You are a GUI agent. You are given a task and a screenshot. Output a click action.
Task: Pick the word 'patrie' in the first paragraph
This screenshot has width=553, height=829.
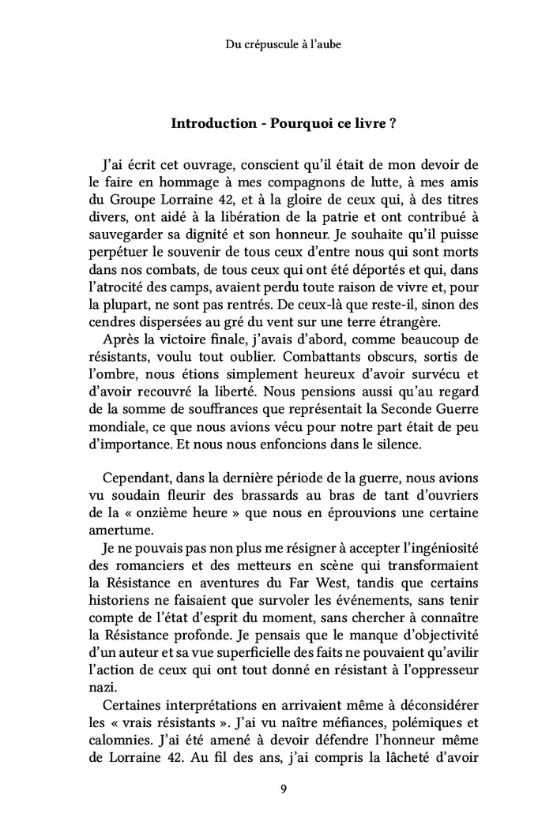(x=364, y=220)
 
